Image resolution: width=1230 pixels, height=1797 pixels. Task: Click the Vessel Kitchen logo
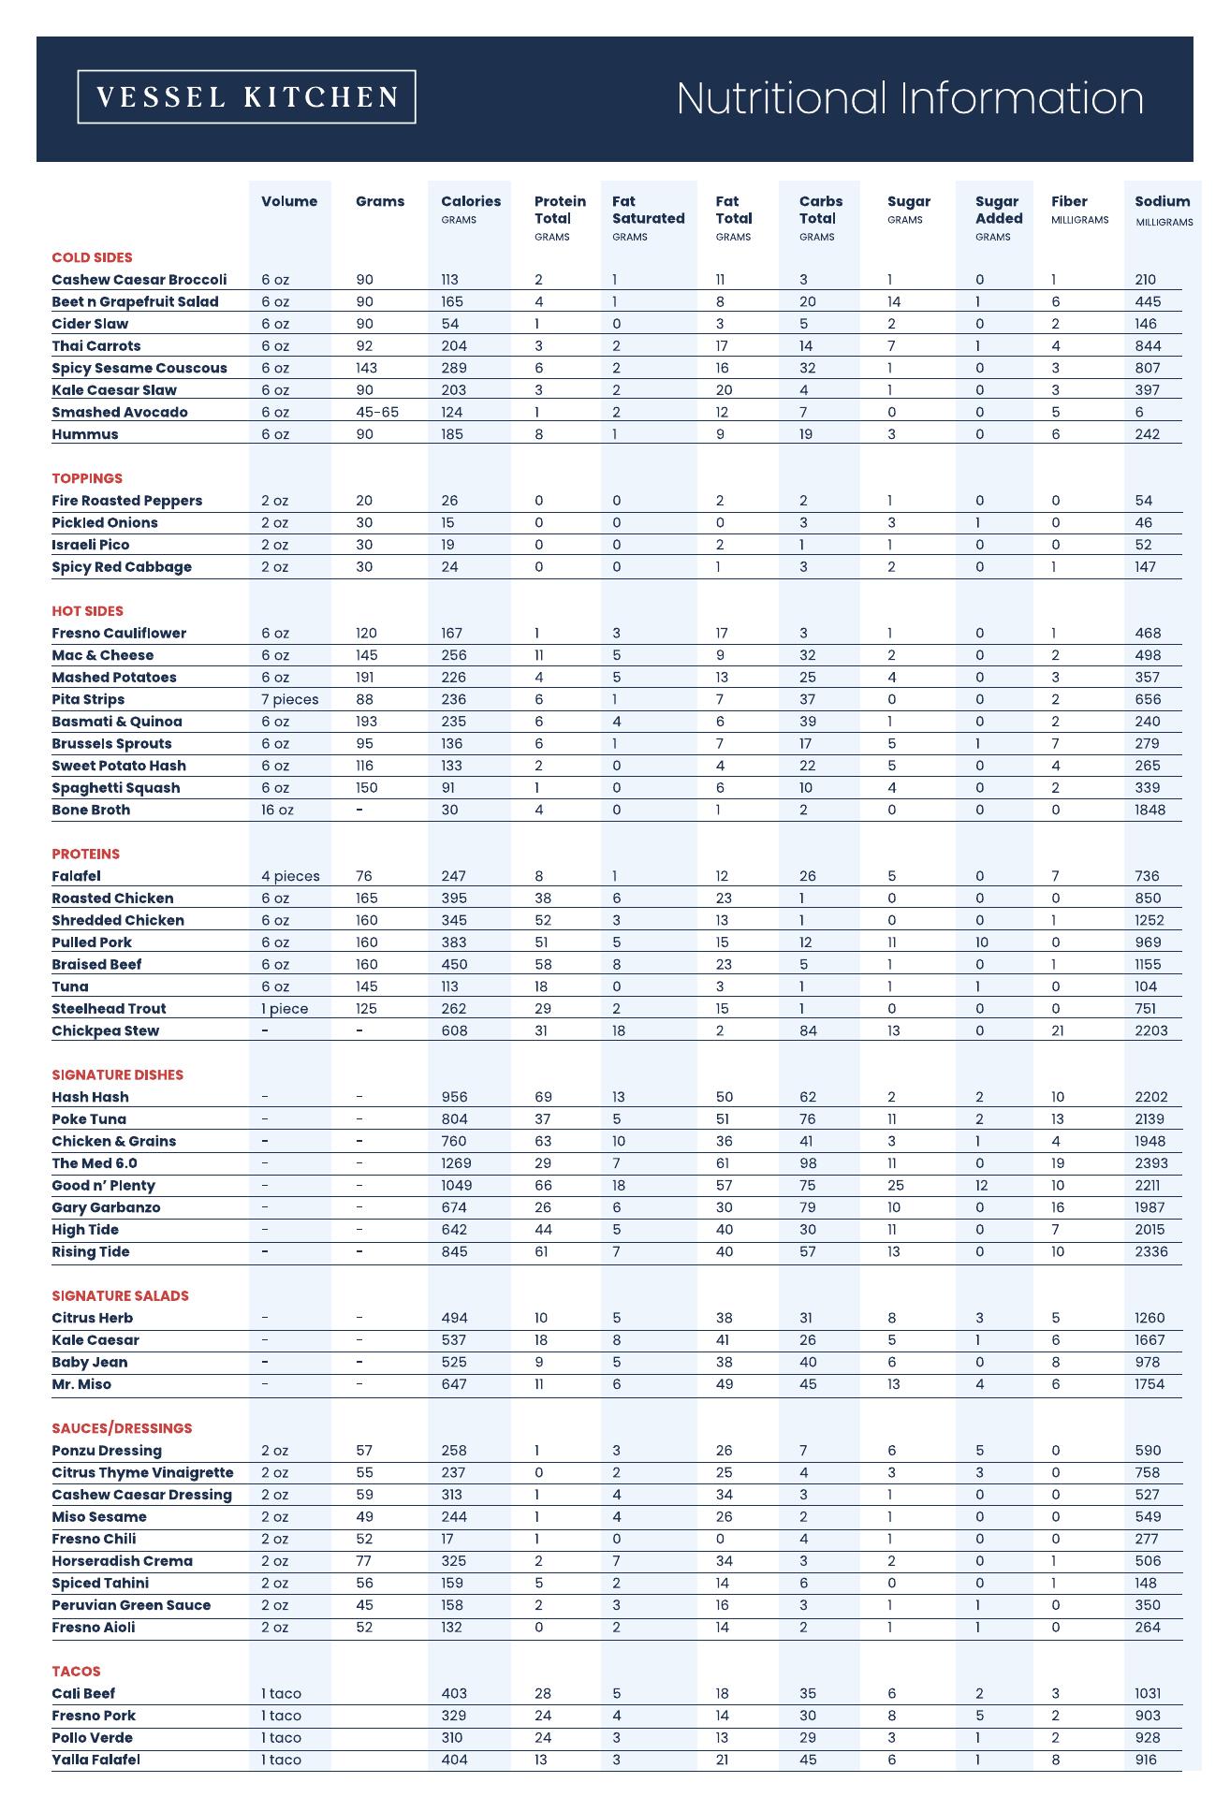(246, 97)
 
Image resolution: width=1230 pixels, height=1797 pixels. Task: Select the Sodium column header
(1162, 201)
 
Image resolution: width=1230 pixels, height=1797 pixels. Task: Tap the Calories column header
(471, 201)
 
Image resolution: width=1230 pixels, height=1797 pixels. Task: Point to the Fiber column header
(1069, 201)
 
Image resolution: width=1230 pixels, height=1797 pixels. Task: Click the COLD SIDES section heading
(92, 257)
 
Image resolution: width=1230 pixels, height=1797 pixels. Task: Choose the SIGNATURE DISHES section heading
(117, 1074)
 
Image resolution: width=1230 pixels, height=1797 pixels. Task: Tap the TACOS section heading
(76, 1671)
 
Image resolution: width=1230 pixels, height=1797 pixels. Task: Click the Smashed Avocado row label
(120, 412)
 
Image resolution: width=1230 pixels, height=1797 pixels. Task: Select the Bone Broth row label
(91, 810)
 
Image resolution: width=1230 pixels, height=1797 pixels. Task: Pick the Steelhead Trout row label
(109, 1008)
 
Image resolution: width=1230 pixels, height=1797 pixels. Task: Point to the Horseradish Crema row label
(122, 1560)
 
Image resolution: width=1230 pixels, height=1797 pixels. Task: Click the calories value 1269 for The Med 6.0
(456, 1163)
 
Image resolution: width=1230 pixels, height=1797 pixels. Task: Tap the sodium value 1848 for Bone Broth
(1149, 810)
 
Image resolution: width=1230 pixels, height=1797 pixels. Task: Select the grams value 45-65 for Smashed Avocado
(377, 412)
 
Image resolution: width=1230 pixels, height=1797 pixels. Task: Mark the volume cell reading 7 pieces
(289, 699)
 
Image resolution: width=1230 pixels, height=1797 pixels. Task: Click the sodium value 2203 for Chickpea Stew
(1151, 1030)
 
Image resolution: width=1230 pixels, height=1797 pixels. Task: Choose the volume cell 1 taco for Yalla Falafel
(281, 1760)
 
